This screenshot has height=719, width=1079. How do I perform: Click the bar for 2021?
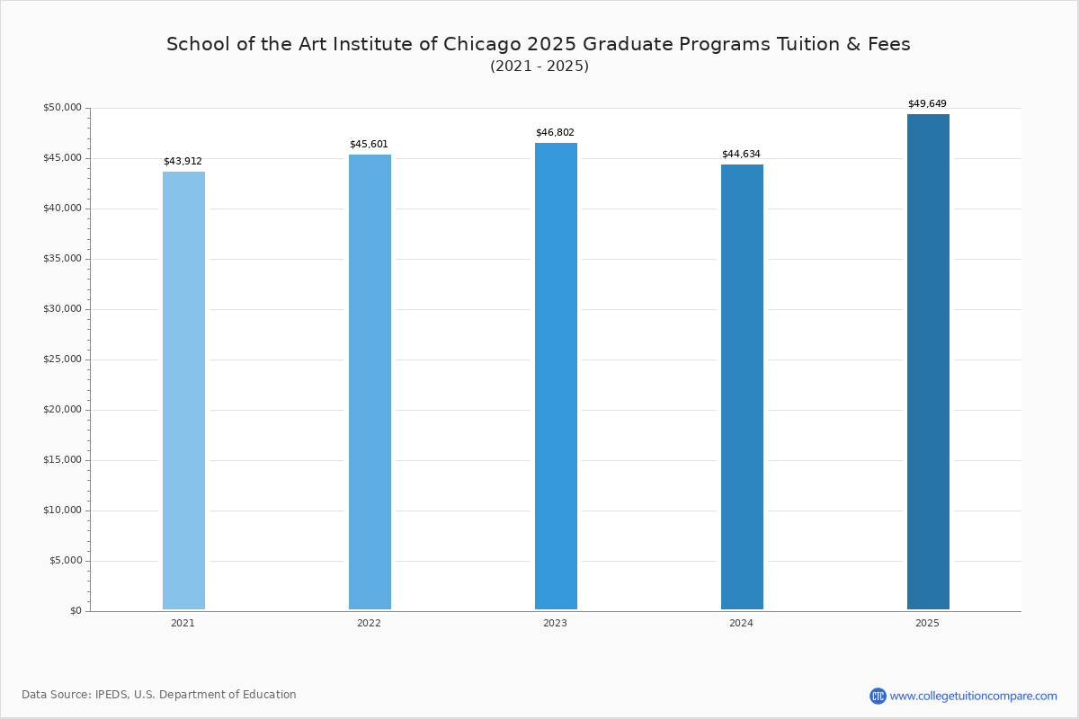pos(183,390)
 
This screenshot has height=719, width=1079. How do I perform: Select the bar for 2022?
pos(370,382)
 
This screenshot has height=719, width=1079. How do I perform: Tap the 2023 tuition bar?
pos(556,376)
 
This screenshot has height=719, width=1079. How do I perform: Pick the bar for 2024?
pos(742,386)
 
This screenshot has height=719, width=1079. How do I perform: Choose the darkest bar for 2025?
pos(928,361)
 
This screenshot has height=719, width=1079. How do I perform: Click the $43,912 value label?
pos(183,162)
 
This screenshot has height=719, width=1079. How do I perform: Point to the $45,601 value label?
pos(369,145)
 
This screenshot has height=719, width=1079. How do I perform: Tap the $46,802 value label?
pos(555,133)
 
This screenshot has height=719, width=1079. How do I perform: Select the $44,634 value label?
pos(741,155)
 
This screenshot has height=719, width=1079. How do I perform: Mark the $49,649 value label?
pos(927,104)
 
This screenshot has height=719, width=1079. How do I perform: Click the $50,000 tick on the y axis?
pos(62,108)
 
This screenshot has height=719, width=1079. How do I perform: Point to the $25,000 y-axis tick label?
pos(62,359)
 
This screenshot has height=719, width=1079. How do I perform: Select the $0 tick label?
pos(75,611)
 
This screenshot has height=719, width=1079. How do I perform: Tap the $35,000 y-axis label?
pos(62,259)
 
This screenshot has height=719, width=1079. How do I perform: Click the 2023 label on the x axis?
pos(555,624)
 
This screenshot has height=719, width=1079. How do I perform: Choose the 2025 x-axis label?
pos(927,624)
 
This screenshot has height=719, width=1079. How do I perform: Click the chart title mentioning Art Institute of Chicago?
pos(539,44)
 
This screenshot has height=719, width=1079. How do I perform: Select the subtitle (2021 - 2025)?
pos(539,67)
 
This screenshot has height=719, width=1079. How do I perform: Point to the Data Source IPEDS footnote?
pos(159,695)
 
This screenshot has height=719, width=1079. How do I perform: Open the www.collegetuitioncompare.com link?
pos(973,696)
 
